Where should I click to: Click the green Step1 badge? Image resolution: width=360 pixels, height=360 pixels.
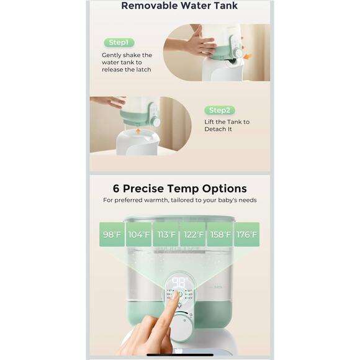[x=118, y=42]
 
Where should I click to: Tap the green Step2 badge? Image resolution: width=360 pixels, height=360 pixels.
[x=220, y=110]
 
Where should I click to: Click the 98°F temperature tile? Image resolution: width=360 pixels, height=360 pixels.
[x=112, y=234]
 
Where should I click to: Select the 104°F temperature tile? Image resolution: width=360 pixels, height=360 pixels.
[x=139, y=234]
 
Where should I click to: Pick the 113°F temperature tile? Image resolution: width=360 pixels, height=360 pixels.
[x=166, y=234]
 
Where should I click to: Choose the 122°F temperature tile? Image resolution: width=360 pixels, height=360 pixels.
[x=193, y=234]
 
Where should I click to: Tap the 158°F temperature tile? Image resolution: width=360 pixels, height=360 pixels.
[x=220, y=234]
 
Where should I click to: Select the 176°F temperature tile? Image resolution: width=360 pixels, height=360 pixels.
[x=247, y=234]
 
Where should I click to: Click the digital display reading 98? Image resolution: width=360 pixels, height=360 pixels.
[x=179, y=282]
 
